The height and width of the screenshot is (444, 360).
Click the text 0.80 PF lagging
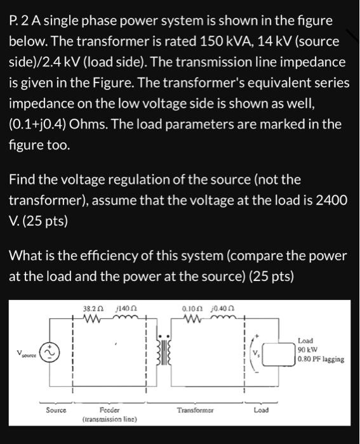(321, 359)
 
